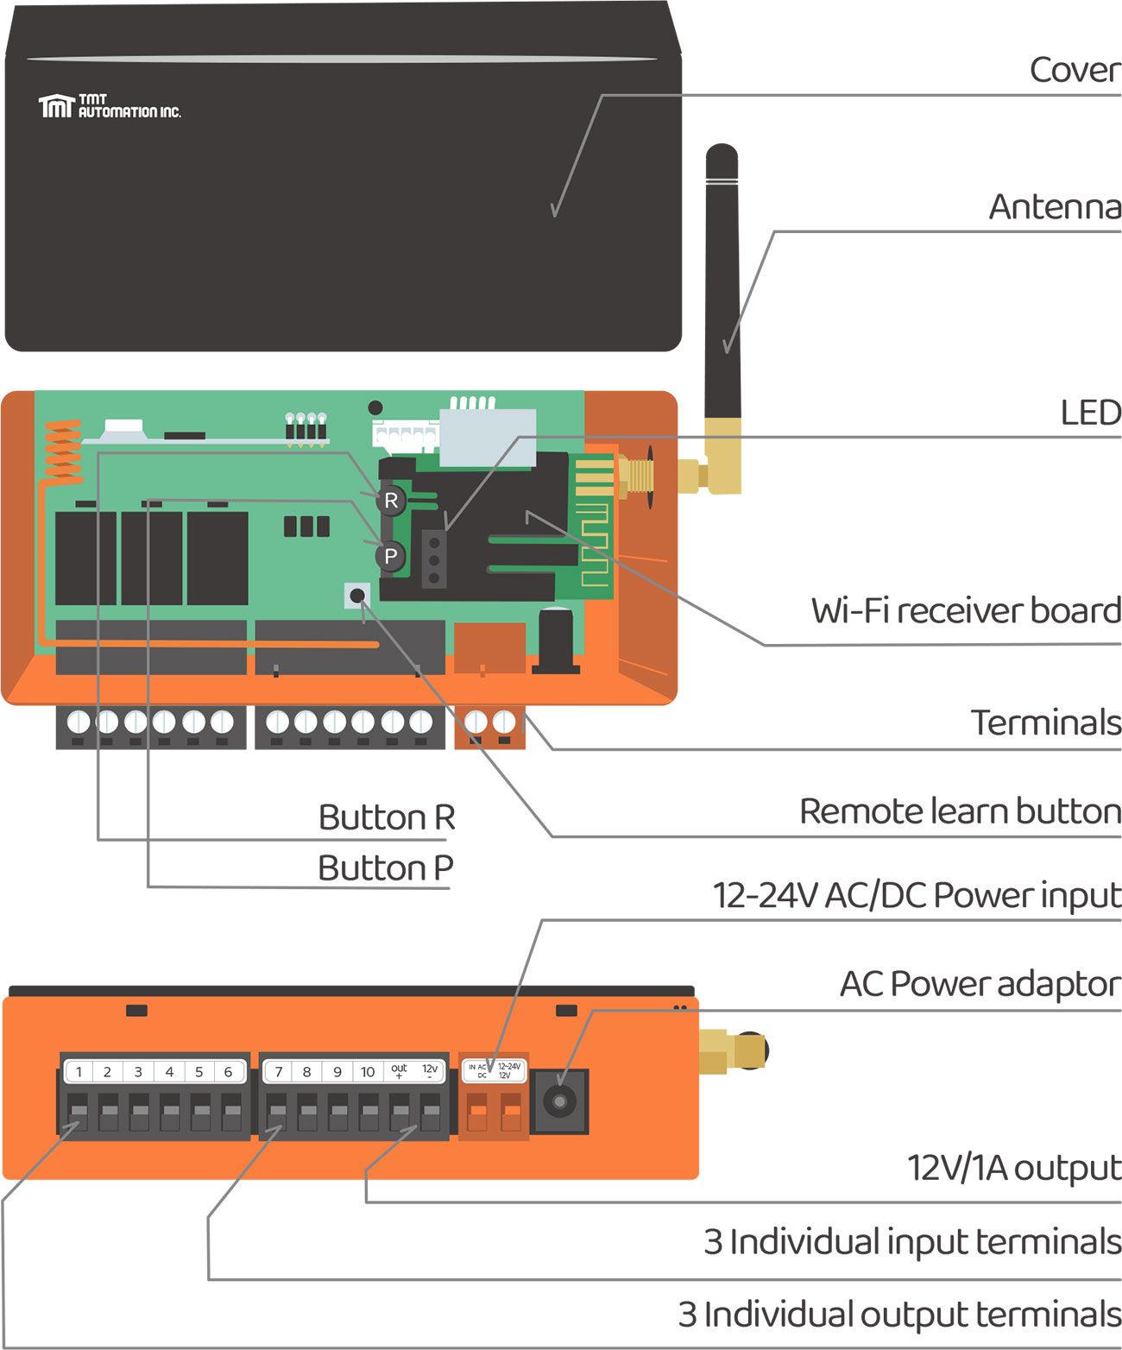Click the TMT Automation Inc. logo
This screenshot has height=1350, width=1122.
pos(109,106)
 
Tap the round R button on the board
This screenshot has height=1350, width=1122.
pos(391,501)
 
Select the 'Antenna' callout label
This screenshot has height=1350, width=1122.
pos(1055,207)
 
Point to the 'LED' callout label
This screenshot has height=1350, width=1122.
pos(1090,413)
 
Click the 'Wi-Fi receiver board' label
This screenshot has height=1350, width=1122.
pos(966,611)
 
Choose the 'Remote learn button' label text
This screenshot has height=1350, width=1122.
pos(960,812)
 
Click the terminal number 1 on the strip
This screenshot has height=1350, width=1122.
pos(79,1072)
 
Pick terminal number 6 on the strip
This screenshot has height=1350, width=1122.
pos(228,1072)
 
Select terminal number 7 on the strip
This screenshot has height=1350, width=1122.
pos(278,1072)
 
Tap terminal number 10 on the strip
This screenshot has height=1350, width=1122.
pos(368,1072)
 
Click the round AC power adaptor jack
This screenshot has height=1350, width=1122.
pos(559,1102)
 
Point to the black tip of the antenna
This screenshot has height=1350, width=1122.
pos(722,161)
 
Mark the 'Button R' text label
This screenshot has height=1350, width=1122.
pos(386,817)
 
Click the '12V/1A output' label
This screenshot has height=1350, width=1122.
pos(1013,1168)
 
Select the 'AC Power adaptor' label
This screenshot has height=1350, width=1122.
pos(980,984)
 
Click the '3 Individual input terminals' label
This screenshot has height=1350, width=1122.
pos(911,1242)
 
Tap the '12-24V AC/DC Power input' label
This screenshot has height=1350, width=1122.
pos(917,896)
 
